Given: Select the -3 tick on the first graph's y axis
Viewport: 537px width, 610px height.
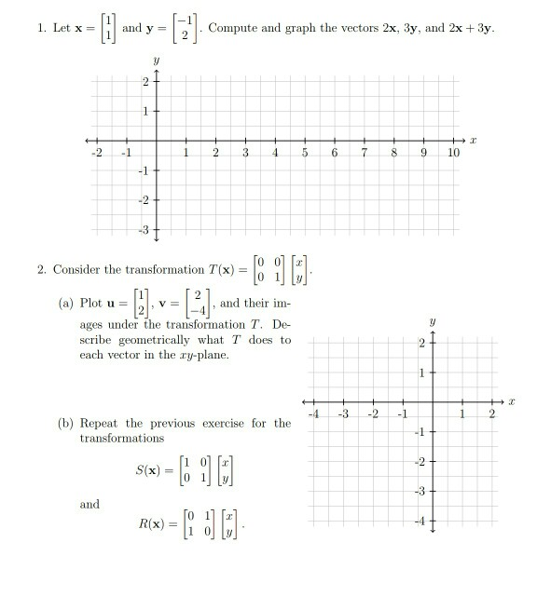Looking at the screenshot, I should click(144, 228).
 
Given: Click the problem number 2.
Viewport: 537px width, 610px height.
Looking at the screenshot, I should click(42, 270).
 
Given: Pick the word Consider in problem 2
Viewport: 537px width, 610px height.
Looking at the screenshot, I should click(77, 270).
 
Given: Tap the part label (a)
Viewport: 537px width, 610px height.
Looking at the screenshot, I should click(66, 303).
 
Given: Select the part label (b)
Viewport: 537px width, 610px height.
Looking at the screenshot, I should click(66, 424).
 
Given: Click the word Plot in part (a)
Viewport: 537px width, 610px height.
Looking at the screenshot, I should click(91, 303).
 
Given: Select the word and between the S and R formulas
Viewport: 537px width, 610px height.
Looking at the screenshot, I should click(89, 504).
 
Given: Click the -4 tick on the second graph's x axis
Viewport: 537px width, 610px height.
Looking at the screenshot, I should click(317, 413).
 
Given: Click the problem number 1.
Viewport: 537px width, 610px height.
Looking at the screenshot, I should click(42, 28).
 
